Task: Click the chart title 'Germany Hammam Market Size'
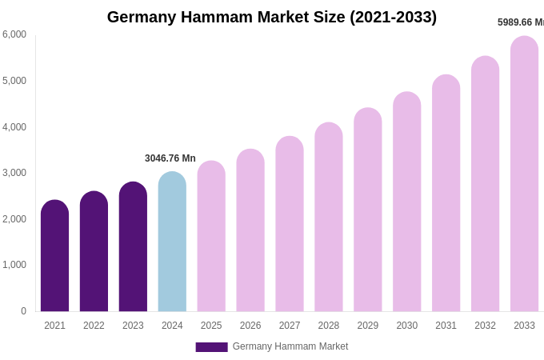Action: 272,17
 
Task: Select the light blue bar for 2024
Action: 172,242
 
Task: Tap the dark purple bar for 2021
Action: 54,256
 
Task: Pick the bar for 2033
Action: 524,174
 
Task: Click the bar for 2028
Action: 329,217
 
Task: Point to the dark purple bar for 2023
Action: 133,246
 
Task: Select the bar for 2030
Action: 406,202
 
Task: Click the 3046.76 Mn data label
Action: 170,158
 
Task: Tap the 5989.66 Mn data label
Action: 520,22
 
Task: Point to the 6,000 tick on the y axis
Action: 14,34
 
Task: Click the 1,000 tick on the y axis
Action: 14,265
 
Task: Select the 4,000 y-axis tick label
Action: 14,127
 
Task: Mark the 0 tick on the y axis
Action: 23,311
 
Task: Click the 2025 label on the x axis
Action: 211,326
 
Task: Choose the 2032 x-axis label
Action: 485,326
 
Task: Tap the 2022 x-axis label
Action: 94,326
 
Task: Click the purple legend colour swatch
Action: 211,347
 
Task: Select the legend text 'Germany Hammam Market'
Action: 290,346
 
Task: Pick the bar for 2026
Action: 250,230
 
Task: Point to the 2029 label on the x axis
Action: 368,326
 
